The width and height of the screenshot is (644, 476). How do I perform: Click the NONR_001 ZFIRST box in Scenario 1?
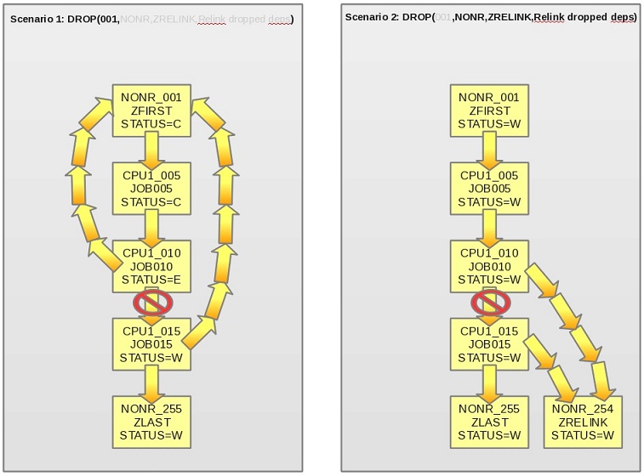[x=152, y=110]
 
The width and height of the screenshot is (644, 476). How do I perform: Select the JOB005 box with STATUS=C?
[x=152, y=189]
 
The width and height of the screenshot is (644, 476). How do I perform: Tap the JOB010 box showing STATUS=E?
[x=152, y=266]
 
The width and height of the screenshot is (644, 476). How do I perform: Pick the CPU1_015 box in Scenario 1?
[x=152, y=344]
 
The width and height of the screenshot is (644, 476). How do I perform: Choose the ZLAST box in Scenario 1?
[x=152, y=422]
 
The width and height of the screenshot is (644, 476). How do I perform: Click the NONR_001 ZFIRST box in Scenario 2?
[x=489, y=110]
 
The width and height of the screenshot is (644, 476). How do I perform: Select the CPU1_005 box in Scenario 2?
[x=489, y=189]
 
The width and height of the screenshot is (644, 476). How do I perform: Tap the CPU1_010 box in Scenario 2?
[x=489, y=266]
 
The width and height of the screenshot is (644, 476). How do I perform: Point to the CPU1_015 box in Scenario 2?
[x=489, y=344]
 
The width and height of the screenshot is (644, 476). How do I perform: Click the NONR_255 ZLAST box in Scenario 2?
[x=489, y=422]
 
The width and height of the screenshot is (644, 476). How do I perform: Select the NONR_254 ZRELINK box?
[x=583, y=422]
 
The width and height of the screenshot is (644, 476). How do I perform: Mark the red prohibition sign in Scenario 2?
[x=490, y=303]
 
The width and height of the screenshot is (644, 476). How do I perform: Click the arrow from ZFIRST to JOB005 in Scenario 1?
[x=152, y=150]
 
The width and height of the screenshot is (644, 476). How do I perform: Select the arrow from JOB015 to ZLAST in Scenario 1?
[x=152, y=382]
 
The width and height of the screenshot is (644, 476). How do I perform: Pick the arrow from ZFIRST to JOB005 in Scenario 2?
[x=489, y=150]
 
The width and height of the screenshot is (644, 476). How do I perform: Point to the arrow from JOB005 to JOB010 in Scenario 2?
[x=489, y=227]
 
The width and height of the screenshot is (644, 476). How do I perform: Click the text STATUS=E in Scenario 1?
[x=152, y=280]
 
